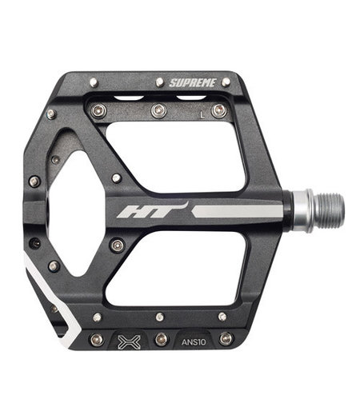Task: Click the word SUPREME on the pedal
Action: [x=194, y=82]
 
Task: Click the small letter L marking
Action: [x=202, y=114]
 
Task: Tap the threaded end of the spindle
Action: [x=327, y=209]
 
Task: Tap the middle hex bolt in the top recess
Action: [x=159, y=110]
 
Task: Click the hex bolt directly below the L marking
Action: [x=218, y=110]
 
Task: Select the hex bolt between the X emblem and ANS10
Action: [x=161, y=339]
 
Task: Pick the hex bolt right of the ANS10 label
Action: [x=226, y=338]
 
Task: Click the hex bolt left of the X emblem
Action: [x=96, y=339]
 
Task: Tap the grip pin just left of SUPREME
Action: [x=159, y=82]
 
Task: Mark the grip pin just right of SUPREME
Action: [x=226, y=82]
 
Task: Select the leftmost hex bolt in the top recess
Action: [x=98, y=110]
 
